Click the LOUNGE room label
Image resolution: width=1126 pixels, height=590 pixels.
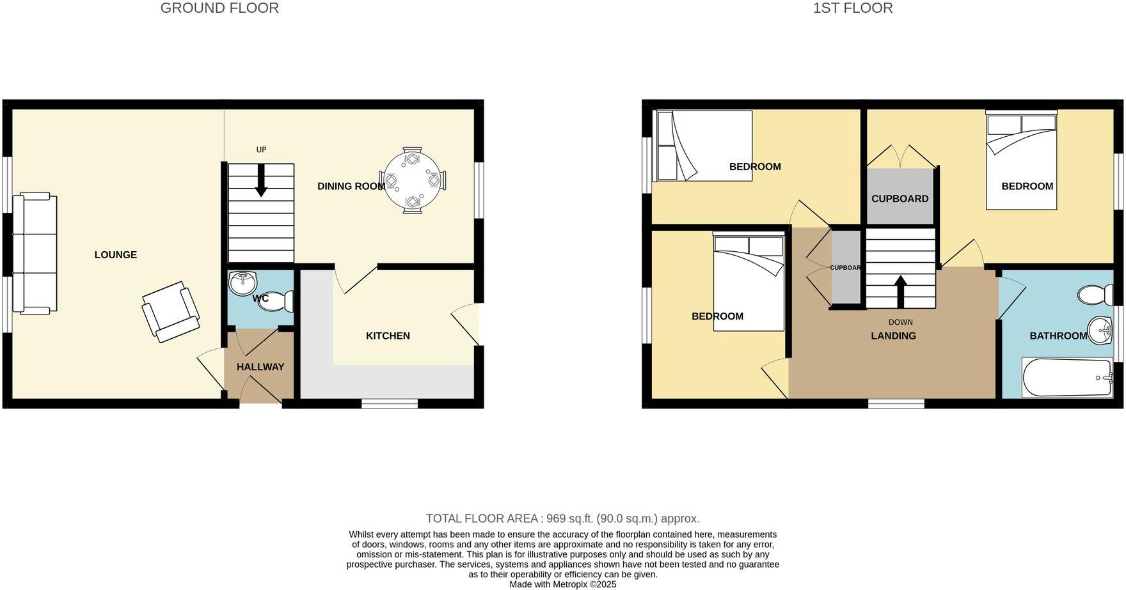(x=116, y=255)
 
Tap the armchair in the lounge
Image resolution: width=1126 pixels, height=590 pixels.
(x=170, y=311)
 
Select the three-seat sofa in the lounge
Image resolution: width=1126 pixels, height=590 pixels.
(x=35, y=254)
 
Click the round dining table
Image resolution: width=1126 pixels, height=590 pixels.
(x=413, y=180)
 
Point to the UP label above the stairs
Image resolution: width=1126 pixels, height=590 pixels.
(x=261, y=150)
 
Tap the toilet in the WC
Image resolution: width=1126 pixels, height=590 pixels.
(x=276, y=301)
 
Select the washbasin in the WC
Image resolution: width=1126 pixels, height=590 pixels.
(x=242, y=283)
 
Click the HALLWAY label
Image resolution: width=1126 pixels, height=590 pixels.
(x=260, y=367)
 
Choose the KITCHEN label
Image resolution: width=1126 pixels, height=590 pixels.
(x=388, y=336)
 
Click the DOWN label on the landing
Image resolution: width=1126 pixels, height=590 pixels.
(x=900, y=322)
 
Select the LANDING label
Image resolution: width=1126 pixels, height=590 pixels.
(x=893, y=336)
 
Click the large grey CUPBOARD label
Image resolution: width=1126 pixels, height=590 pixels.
(x=900, y=199)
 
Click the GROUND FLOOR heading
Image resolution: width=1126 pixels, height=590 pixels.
(x=219, y=8)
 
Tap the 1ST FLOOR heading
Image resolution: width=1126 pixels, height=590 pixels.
(x=852, y=8)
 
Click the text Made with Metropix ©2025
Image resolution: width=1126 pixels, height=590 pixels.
(x=562, y=584)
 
